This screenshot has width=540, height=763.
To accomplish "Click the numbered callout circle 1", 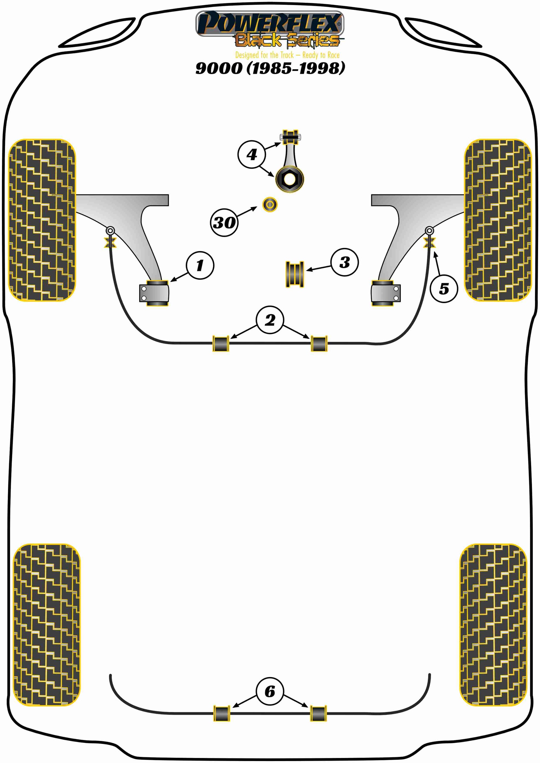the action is coord(200,265).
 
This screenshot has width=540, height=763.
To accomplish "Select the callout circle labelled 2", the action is coord(270,320).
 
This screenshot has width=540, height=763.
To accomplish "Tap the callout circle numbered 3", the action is coord(344,262).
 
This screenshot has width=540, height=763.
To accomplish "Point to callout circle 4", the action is coord(252,154).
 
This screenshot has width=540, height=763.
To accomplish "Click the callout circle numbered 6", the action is coord(270,691).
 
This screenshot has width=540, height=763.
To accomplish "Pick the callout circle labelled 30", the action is coord(224,222).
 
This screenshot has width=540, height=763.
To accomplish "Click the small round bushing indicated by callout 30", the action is coord(270,205).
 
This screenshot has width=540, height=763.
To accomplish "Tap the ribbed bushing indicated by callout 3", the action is coord(295,274).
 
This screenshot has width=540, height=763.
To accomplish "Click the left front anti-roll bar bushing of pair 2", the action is coord(221,344).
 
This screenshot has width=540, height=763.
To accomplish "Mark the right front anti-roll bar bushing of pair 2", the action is coord(319,344).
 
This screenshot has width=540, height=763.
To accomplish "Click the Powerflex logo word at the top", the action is coord(270,23).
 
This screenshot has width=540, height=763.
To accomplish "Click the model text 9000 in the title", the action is coord(219,68).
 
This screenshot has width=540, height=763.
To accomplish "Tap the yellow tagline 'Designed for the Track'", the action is coord(264,55).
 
